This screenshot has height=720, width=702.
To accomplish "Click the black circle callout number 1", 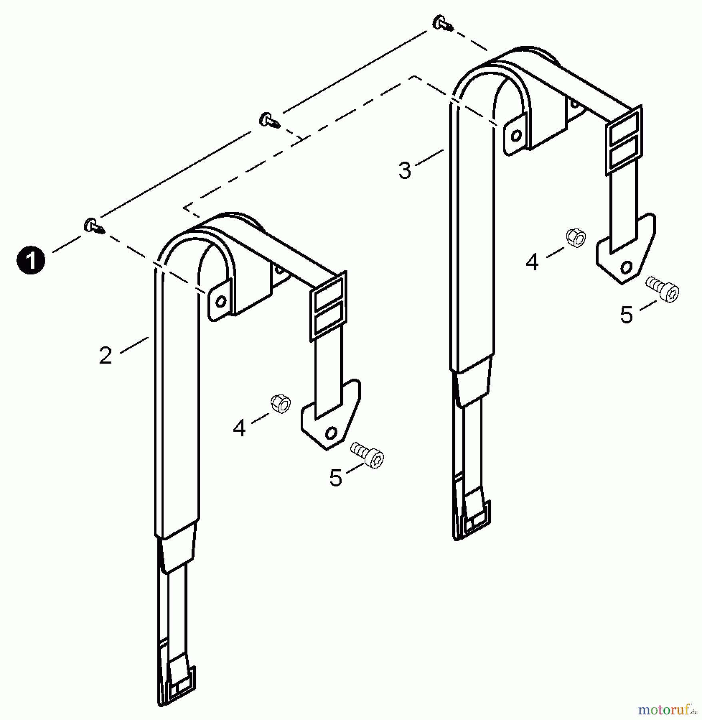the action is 31,260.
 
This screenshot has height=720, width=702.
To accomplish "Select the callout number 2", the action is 106,355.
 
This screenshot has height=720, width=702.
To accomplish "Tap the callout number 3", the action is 405,170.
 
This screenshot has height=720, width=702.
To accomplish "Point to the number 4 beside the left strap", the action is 239,428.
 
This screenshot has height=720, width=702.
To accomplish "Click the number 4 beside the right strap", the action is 532,262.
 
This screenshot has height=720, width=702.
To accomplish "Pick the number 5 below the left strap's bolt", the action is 336,478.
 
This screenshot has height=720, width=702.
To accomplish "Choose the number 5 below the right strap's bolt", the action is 626,315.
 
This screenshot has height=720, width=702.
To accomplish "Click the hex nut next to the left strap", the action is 280,404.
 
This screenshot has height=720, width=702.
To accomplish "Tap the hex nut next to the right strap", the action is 576,238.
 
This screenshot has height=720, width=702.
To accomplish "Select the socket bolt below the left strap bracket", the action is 367,455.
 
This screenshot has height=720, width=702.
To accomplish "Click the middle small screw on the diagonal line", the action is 269,120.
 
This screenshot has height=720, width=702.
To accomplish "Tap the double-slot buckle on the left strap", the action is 329,306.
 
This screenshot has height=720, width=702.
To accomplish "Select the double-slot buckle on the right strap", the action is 624,140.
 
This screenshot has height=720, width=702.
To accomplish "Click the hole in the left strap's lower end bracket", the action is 331,432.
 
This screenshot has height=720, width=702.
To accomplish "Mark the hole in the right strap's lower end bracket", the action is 626,266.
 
